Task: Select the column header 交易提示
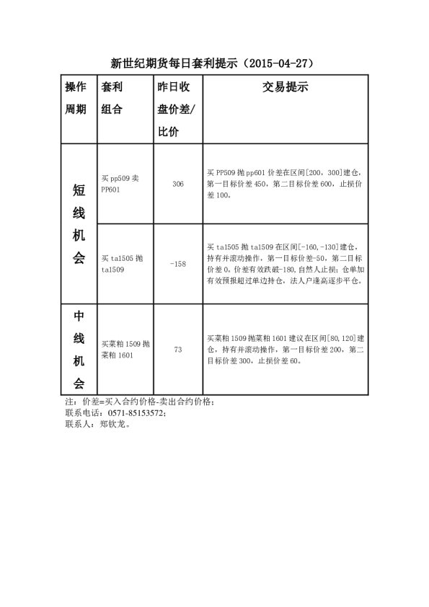tap(285, 88)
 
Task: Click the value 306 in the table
tap(178, 185)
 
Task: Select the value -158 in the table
tap(178, 264)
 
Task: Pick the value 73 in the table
tap(178, 350)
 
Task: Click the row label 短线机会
tap(79, 223)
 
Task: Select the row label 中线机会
tap(79, 350)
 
